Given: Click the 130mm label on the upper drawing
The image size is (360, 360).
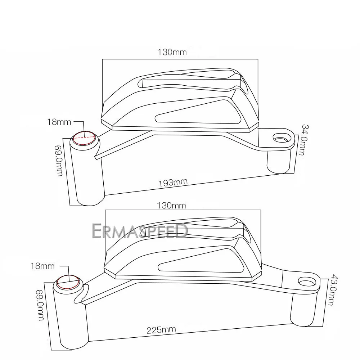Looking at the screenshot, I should pos(172,52).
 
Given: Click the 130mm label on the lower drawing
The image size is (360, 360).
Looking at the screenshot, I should pos(172,206).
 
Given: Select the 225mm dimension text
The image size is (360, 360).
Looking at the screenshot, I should pos(161,330).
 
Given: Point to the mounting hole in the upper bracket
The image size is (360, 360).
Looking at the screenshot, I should pos(282,138).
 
